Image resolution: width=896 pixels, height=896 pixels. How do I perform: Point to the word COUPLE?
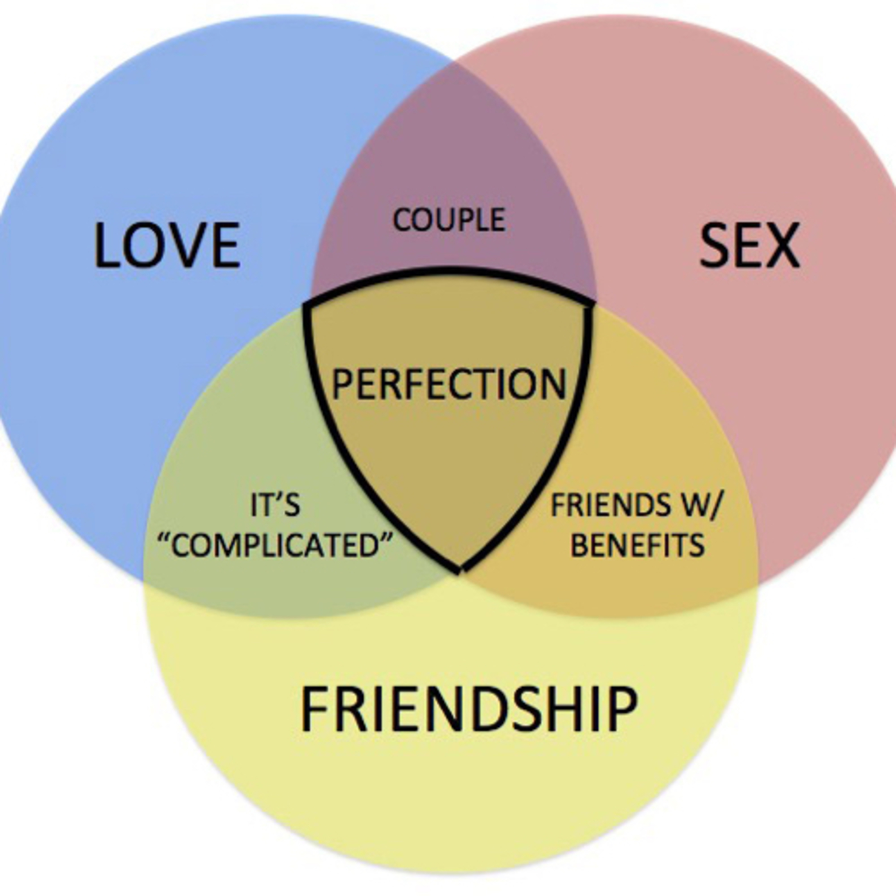(449, 220)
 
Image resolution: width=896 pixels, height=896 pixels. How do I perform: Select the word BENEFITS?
(637, 545)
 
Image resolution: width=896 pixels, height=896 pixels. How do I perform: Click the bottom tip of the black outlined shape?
(459, 571)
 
